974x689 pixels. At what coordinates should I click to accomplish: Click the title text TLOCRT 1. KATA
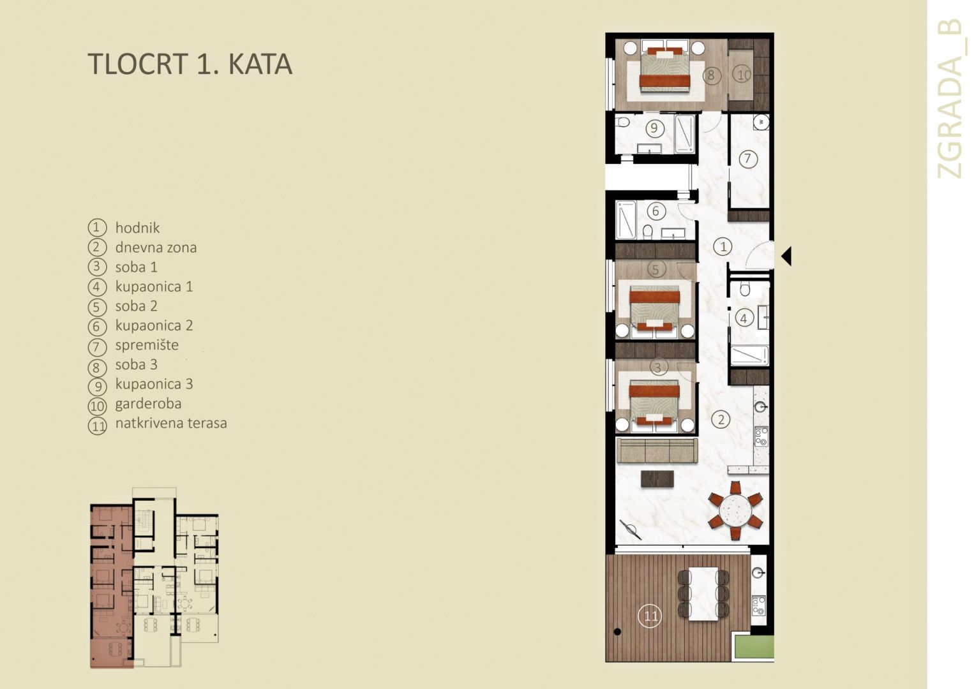pyautogui.click(x=190, y=64)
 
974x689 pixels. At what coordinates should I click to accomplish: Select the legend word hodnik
pyautogui.click(x=137, y=228)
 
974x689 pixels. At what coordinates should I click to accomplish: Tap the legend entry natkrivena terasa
pyautogui.click(x=171, y=423)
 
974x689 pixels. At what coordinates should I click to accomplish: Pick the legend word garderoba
pyautogui.click(x=148, y=404)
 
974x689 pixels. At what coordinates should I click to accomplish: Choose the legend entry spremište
pyautogui.click(x=147, y=345)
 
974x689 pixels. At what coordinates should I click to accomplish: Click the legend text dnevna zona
pyautogui.click(x=156, y=248)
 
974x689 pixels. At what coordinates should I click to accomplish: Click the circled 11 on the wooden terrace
pyautogui.click(x=650, y=616)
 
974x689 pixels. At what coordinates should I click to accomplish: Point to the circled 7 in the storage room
pyautogui.click(x=747, y=158)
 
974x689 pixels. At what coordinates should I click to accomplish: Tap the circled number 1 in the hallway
pyautogui.click(x=723, y=247)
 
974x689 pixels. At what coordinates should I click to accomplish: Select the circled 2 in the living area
pyautogui.click(x=721, y=420)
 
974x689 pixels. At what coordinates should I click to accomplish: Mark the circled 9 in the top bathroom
pyautogui.click(x=654, y=128)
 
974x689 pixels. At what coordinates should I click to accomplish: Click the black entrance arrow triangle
pyautogui.click(x=786, y=256)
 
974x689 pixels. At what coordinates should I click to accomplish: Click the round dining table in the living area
pyautogui.click(x=735, y=510)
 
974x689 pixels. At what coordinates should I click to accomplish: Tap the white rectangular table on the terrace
pyautogui.click(x=703, y=594)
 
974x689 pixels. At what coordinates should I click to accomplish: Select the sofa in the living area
pyautogui.click(x=657, y=451)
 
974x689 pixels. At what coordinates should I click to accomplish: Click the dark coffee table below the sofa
pyautogui.click(x=657, y=478)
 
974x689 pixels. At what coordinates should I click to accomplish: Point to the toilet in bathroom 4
pyautogui.click(x=745, y=289)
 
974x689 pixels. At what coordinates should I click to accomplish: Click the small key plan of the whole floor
pyautogui.click(x=154, y=578)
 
